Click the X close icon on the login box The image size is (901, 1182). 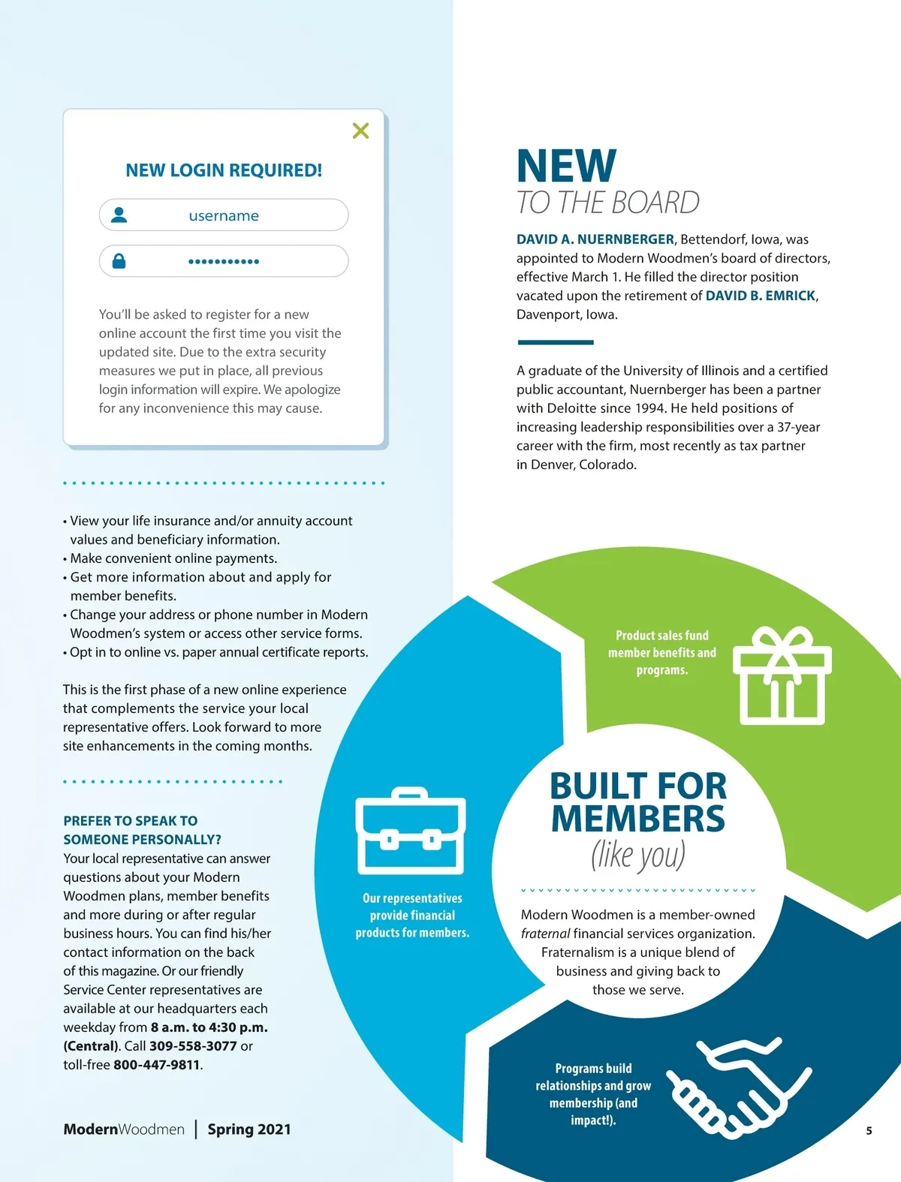[x=360, y=131]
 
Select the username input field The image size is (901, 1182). [x=224, y=215]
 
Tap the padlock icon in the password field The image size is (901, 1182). [x=119, y=261]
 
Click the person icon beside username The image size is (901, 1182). [x=119, y=215]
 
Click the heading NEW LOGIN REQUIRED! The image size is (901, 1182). [x=224, y=170]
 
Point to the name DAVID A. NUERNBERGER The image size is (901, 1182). [x=595, y=239]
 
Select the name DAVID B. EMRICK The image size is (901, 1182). [x=760, y=296]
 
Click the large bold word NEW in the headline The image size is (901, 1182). [x=566, y=166]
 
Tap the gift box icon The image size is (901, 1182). [x=782, y=675]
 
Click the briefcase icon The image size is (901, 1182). [x=410, y=832]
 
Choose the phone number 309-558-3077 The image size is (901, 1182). [x=193, y=1046]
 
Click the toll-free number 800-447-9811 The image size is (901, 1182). [x=157, y=1065]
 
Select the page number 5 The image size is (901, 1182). [x=869, y=1131]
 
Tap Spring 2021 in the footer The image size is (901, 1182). [x=249, y=1129]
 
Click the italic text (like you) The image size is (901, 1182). [x=637, y=855]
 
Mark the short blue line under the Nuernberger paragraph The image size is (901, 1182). [x=555, y=342]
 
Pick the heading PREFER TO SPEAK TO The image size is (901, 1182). [x=131, y=821]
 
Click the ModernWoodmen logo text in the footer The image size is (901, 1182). [x=124, y=1129]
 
